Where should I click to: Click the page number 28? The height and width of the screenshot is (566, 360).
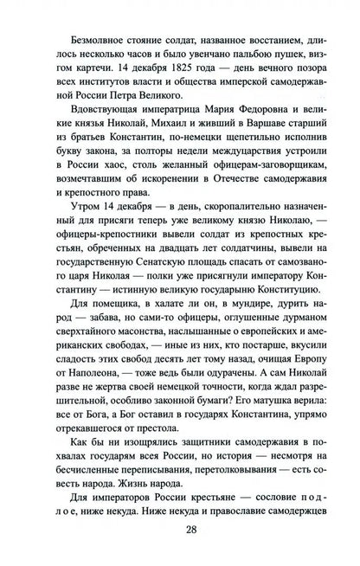pyautogui.click(x=179, y=553)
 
